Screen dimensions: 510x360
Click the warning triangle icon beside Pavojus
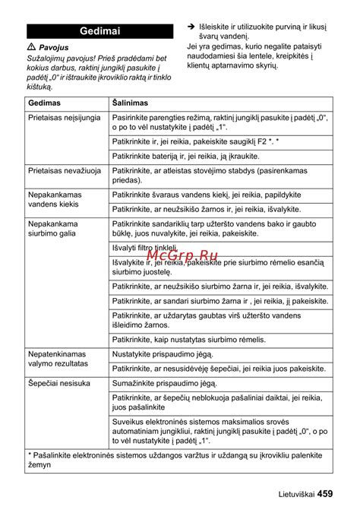coord(30,47)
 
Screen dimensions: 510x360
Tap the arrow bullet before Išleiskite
coord(191,26)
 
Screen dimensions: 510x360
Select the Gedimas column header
coord(47,103)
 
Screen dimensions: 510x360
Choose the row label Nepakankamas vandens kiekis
coord(55,199)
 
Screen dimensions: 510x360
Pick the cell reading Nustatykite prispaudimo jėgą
coord(164,354)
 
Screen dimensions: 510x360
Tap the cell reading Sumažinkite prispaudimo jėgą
coord(165,384)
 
